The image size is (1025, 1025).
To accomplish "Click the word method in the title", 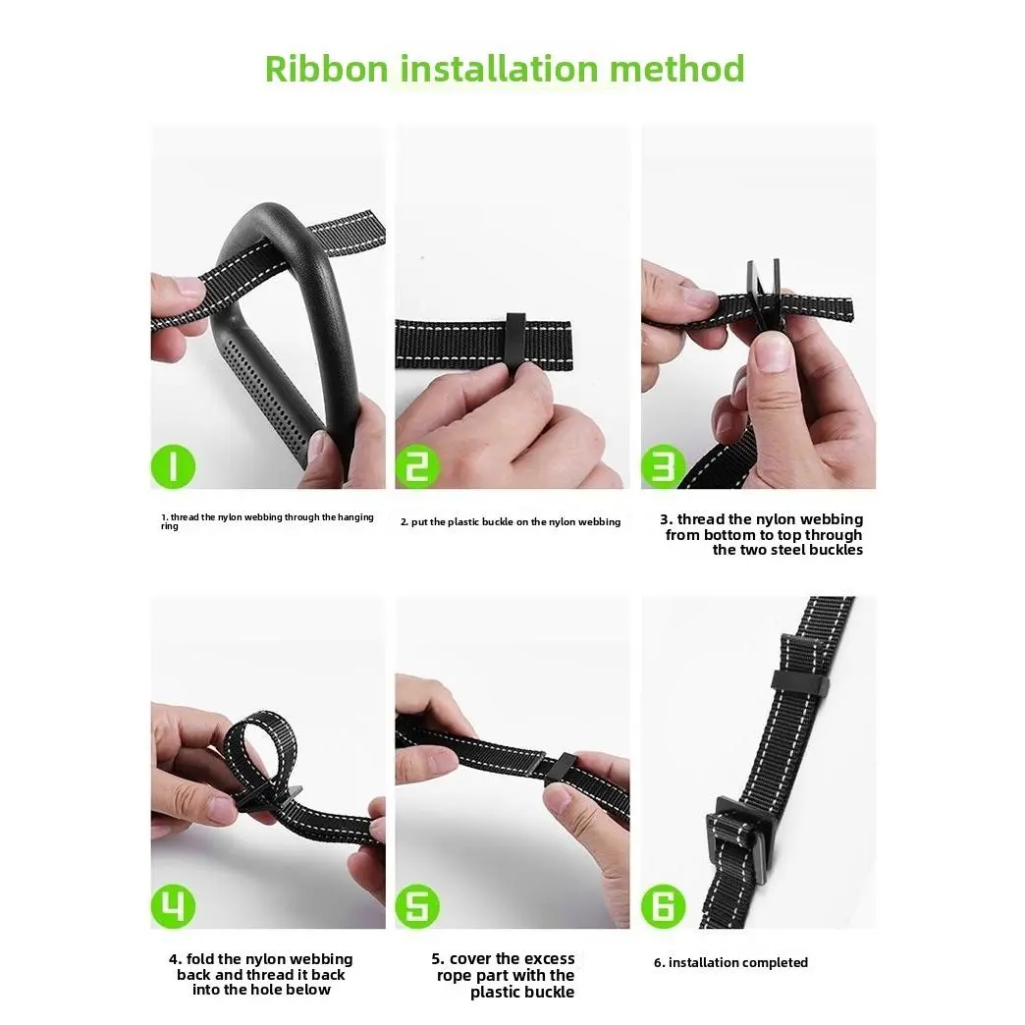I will coord(676,69).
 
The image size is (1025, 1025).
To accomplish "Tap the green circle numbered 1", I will coord(174,466).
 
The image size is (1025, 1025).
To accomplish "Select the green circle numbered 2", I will coord(418,466).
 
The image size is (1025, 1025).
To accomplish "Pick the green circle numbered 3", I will coord(664,466).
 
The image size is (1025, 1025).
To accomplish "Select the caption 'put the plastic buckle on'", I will coord(511,522).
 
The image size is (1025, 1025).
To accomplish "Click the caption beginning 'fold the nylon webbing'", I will coord(261,974).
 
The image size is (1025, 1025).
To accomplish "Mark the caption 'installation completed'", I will coord(731,963).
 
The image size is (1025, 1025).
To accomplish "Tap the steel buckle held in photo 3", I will coord(762,290).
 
